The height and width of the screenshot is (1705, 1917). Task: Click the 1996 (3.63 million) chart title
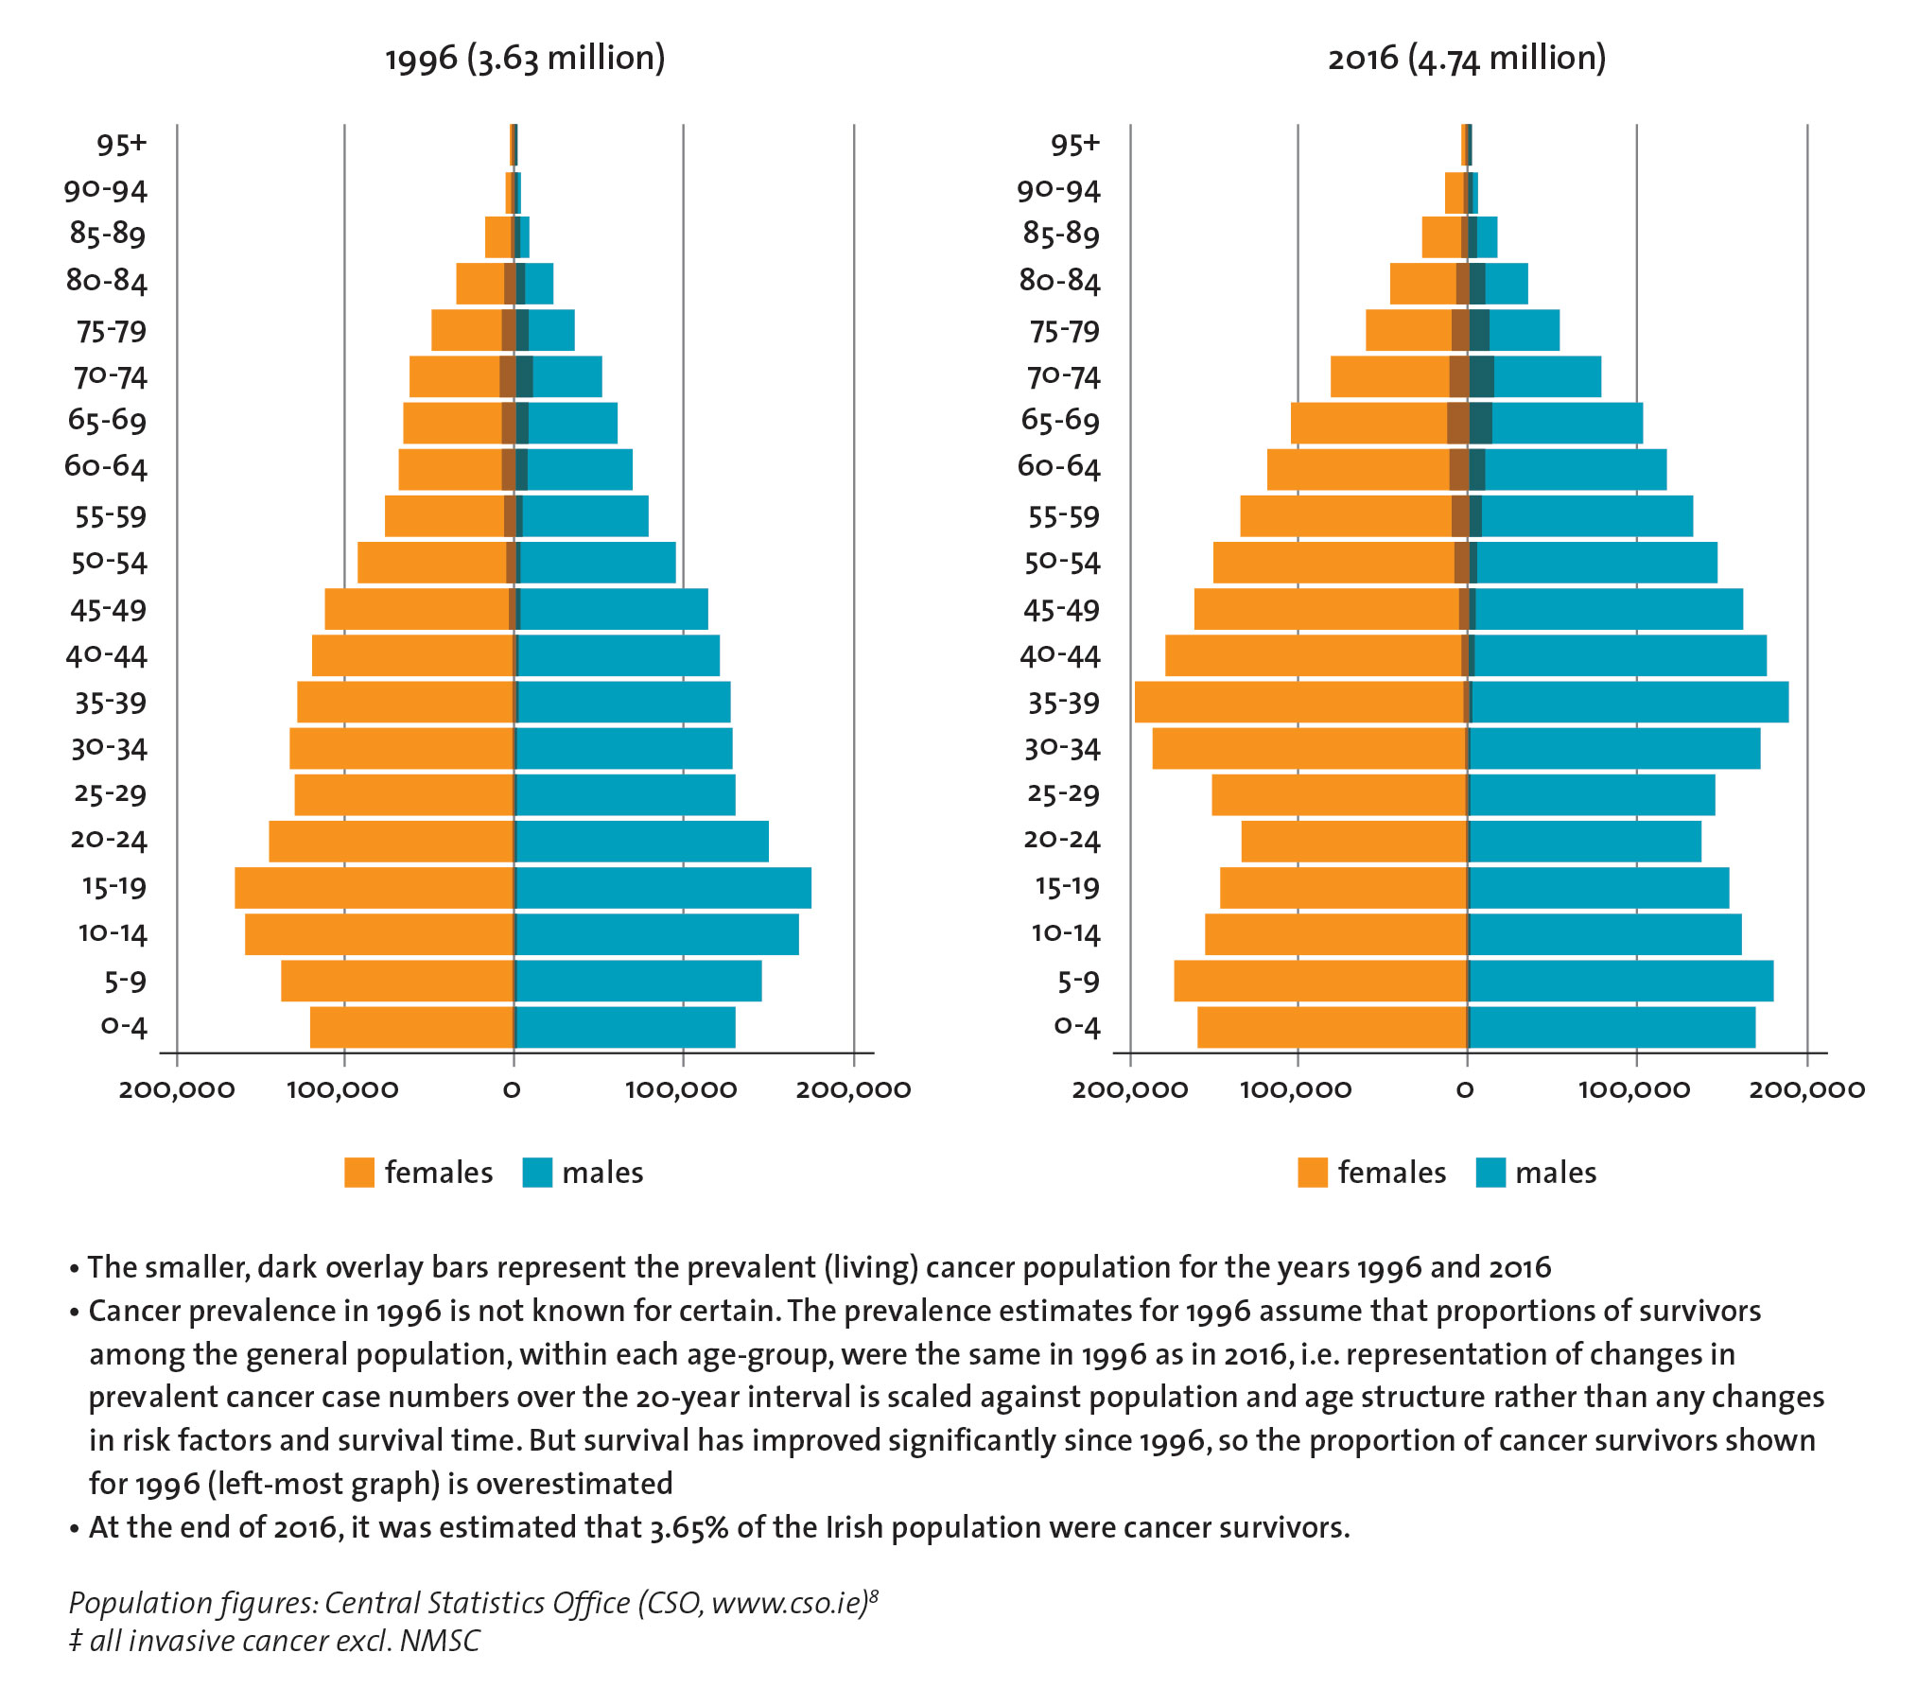[525, 59]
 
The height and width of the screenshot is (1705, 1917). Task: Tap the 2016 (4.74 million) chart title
[1466, 59]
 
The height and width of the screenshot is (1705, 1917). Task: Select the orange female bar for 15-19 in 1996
[374, 888]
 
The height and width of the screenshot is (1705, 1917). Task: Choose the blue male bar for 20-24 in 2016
[1585, 842]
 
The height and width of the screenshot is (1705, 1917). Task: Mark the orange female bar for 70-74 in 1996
[454, 376]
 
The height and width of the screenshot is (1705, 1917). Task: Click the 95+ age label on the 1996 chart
[122, 145]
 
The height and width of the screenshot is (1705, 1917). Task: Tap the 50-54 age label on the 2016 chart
[1062, 563]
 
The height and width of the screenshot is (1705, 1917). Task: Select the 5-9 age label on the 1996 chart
[126, 982]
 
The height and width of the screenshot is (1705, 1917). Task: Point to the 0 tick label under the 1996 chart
[512, 1089]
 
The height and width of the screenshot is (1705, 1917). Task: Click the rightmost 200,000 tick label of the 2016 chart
[1806, 1089]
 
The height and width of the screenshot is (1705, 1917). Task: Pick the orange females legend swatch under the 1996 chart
[359, 1173]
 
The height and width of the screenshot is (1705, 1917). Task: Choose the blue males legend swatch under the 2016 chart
[1490, 1173]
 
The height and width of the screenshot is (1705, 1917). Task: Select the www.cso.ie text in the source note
[789, 1603]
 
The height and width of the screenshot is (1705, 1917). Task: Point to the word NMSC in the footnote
[440, 1641]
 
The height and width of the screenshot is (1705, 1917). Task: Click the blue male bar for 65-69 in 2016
[1567, 423]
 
